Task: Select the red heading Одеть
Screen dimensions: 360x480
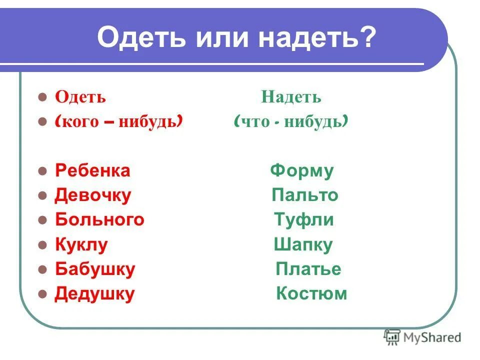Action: pyautogui.click(x=80, y=96)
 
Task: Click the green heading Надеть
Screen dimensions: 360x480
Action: pyautogui.click(x=291, y=97)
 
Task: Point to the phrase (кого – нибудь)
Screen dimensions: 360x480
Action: pyautogui.click(x=118, y=121)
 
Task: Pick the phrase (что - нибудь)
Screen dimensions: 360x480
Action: pyautogui.click(x=291, y=121)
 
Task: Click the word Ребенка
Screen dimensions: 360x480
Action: pyautogui.click(x=92, y=170)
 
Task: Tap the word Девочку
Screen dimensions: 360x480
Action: pyautogui.click(x=92, y=195)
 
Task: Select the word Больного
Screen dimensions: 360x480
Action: pyautogui.click(x=99, y=219)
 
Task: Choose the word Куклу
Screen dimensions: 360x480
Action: pyautogui.click(x=81, y=244)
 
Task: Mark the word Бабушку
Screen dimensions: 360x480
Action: pyautogui.click(x=95, y=269)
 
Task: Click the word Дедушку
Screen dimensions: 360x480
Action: pyautogui.click(x=94, y=293)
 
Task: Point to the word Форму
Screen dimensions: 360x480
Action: pyautogui.click(x=301, y=170)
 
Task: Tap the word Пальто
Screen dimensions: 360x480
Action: pyautogui.click(x=305, y=195)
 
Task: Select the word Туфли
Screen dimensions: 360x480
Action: pyautogui.click(x=304, y=219)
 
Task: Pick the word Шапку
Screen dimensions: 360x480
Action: pyautogui.click(x=303, y=244)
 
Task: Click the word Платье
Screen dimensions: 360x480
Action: pyautogui.click(x=308, y=269)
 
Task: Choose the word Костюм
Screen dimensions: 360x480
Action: pyautogui.click(x=311, y=293)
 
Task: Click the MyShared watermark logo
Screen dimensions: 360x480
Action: pyautogui.click(x=422, y=337)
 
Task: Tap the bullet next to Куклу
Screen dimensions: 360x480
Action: pyautogui.click(x=42, y=245)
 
